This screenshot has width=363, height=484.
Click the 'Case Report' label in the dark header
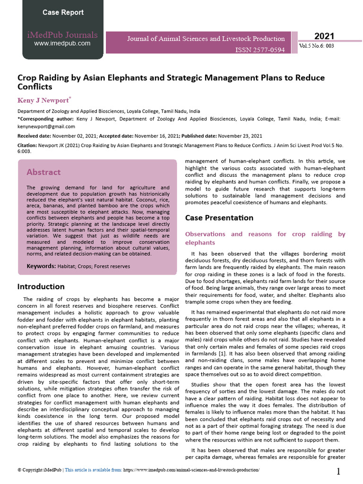coord(63,13)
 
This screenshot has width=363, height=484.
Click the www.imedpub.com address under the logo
coord(62,43)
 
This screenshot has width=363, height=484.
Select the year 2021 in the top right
coord(324,36)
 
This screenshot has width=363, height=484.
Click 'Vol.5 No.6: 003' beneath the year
coord(317,46)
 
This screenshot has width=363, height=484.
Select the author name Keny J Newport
coord(43,100)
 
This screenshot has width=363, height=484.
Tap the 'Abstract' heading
coord(43,172)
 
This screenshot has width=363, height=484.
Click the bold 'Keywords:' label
coord(41,266)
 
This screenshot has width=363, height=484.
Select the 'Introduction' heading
coord(41,286)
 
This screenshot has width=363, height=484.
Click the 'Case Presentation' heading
coord(219,218)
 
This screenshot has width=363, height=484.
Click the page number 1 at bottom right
coord(338,471)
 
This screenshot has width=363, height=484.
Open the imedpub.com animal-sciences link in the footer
coord(191,470)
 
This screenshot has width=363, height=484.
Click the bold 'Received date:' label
coord(35,136)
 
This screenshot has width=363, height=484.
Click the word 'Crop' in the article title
coord(28,77)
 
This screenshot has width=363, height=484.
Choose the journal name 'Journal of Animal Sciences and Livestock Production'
coord(206,39)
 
